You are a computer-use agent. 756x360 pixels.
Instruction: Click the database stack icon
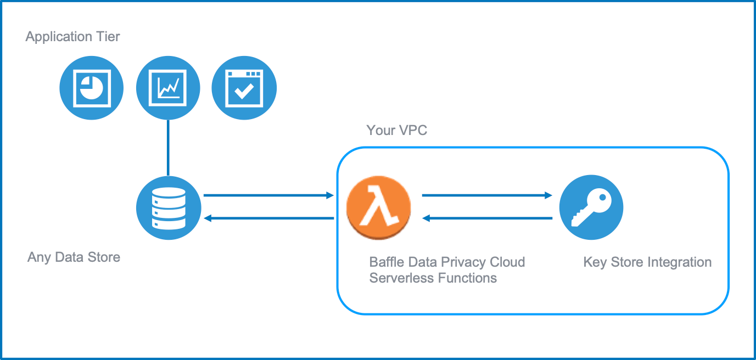(x=169, y=209)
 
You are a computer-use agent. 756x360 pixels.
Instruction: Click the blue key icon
(x=591, y=207)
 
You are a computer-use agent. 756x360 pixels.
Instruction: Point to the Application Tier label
(x=72, y=37)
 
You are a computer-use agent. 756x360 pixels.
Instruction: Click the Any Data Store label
(x=74, y=257)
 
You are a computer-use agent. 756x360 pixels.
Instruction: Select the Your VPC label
(x=396, y=130)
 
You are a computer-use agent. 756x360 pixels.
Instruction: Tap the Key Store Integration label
(x=647, y=262)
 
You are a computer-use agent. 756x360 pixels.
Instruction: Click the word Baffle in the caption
(x=387, y=262)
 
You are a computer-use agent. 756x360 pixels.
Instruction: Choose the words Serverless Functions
(x=433, y=278)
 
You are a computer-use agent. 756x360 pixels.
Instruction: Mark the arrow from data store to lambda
(x=268, y=195)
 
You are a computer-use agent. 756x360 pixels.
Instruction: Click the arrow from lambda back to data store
(x=268, y=218)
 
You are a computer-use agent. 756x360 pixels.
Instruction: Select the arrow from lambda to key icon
(x=486, y=195)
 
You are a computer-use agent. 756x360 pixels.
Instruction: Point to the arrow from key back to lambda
(x=486, y=218)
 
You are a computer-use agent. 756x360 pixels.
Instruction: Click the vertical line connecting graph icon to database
(x=168, y=148)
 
